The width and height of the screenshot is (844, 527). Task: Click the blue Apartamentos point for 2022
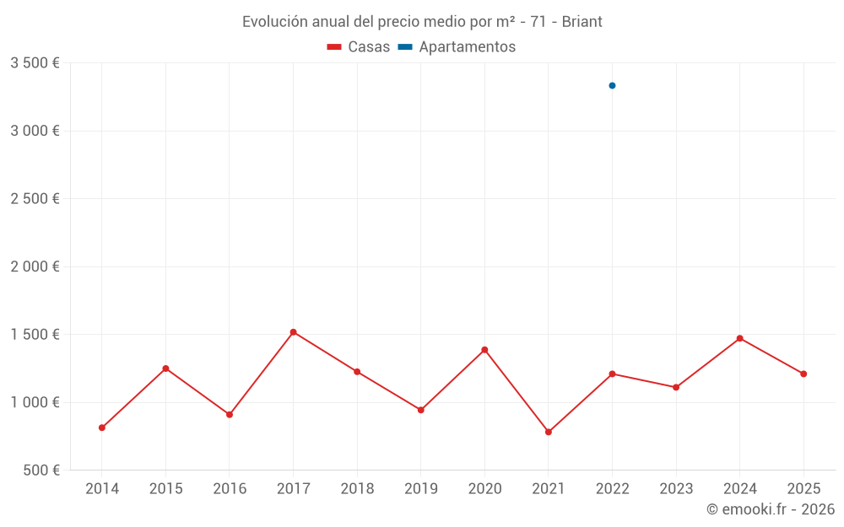[612, 85]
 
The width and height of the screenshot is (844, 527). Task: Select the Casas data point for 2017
[293, 332]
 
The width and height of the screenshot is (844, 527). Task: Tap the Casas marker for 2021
[549, 432]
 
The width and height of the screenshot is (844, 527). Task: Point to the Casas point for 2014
[102, 428]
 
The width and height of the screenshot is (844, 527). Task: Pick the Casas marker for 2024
[740, 338]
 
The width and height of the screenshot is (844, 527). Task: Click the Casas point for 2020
[484, 350]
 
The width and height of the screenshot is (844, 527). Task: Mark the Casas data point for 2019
[420, 410]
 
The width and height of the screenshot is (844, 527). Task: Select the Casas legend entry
[359, 47]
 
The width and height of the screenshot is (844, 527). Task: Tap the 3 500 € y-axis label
[35, 63]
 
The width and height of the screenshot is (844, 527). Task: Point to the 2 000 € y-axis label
[35, 266]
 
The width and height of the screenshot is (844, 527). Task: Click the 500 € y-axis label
[40, 470]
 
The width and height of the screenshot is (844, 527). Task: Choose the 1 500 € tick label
[35, 334]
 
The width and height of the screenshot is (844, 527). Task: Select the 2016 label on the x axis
[230, 489]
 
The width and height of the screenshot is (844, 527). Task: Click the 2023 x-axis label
[676, 489]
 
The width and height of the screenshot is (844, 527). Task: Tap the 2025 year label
[803, 489]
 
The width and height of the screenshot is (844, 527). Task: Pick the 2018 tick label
[357, 489]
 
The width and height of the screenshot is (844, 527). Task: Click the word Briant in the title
[582, 22]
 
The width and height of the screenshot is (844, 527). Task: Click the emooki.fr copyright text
[771, 509]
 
